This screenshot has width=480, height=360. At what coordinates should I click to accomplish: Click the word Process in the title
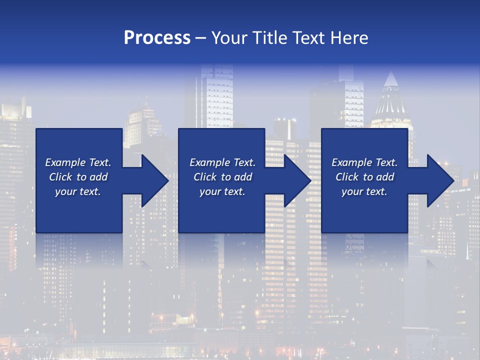tap(157, 38)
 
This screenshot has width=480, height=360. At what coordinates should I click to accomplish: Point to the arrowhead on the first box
tap(152, 180)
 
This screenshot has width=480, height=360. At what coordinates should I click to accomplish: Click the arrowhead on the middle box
tap(295, 180)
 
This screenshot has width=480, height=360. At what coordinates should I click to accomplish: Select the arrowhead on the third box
tap(438, 180)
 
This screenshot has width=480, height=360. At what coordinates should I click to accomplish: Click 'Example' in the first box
tap(65, 162)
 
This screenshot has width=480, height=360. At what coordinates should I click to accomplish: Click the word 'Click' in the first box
tap(61, 177)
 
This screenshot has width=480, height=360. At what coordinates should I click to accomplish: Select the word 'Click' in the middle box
tap(205, 177)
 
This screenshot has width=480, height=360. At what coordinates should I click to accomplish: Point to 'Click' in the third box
tap(347, 177)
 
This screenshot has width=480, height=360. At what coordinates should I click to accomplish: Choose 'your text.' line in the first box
tap(78, 191)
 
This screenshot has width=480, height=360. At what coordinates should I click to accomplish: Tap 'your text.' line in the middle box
tap(222, 191)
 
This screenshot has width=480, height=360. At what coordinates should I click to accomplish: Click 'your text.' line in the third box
tap(364, 191)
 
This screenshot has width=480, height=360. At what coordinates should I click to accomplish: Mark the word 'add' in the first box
tap(98, 177)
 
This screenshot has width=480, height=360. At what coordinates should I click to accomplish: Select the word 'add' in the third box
tap(385, 177)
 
